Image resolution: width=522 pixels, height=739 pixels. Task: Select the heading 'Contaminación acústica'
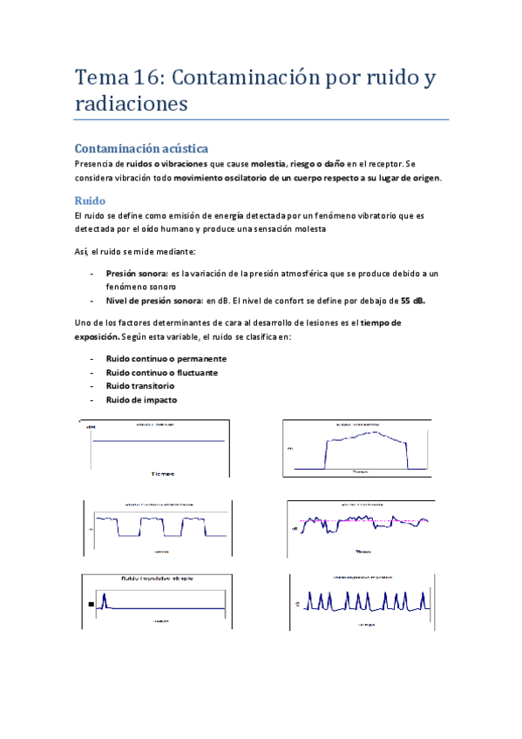[x=141, y=148]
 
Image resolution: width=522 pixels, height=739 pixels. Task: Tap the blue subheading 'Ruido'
[x=90, y=200]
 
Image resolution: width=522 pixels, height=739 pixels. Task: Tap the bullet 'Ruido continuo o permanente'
[x=166, y=358]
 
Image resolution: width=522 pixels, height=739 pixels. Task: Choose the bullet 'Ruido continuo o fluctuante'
[x=162, y=372]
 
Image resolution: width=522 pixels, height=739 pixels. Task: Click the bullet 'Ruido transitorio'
[x=140, y=386]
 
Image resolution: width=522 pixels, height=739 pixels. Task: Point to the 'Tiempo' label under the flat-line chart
[x=162, y=473]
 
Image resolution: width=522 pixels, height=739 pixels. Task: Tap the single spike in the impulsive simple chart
[x=103, y=600]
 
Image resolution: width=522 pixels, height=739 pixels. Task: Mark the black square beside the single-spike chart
[x=90, y=604]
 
